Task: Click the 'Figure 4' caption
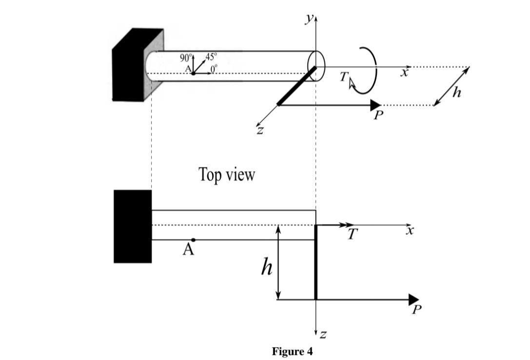click(292, 351)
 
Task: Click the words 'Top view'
click(226, 174)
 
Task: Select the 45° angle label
click(211, 57)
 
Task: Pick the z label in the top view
click(323, 335)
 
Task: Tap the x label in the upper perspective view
click(404, 73)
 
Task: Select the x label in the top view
click(410, 231)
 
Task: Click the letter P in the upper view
click(377, 116)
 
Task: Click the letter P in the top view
click(415, 310)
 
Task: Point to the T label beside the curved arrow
click(345, 77)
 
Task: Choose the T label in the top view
click(353, 235)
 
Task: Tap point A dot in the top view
click(194, 240)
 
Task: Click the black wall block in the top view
click(133, 226)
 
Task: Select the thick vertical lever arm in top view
click(315, 262)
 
